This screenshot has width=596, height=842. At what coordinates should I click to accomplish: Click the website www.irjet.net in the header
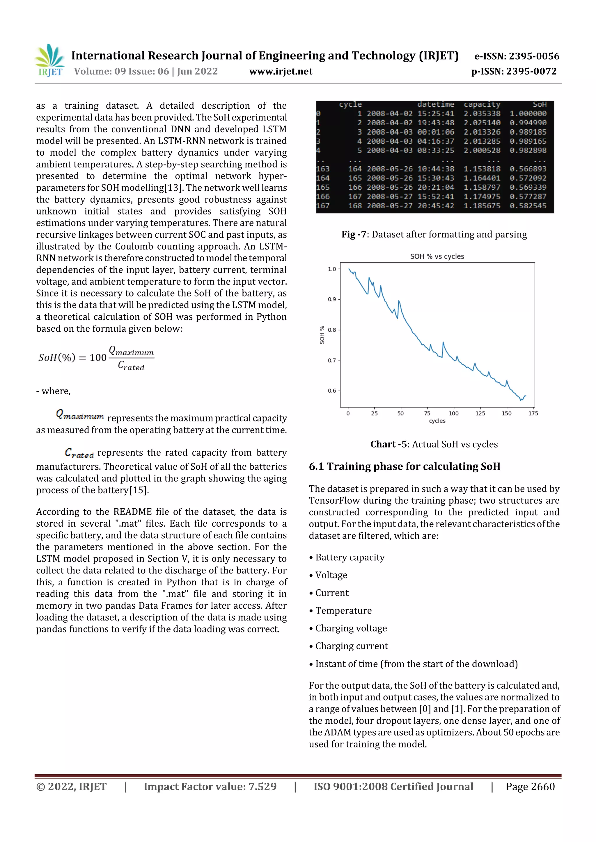tap(281, 71)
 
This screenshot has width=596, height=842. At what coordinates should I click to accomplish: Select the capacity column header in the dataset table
tap(481, 105)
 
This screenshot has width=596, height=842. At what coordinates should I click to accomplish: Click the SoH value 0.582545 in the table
tap(528, 206)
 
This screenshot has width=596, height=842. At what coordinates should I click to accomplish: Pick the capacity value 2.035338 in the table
tap(481, 114)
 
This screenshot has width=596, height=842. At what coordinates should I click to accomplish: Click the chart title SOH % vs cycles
tap(437, 256)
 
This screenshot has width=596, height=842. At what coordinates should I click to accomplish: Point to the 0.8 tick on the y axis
tap(332, 330)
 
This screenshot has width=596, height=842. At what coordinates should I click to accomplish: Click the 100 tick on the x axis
tap(453, 413)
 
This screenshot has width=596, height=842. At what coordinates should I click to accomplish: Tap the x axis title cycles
tap(437, 421)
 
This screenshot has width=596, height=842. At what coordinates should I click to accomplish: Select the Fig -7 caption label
tap(354, 234)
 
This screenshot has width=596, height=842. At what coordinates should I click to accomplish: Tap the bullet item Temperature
tap(343, 611)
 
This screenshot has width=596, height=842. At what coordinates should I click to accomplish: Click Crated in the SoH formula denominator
tap(131, 366)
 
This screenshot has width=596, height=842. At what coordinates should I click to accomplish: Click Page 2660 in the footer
tap(530, 786)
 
